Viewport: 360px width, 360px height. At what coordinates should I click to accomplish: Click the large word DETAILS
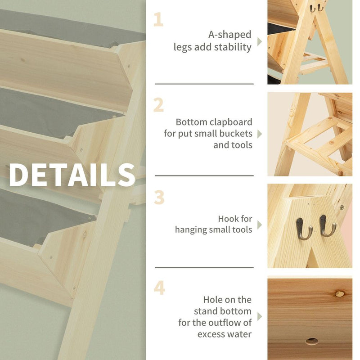click(x=72, y=175)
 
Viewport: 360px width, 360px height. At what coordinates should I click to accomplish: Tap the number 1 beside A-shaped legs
click(x=158, y=20)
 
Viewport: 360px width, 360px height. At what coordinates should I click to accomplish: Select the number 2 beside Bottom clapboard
click(x=158, y=105)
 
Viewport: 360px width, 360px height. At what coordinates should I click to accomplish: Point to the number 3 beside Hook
click(x=159, y=198)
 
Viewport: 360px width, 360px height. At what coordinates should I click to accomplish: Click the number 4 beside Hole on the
click(x=159, y=288)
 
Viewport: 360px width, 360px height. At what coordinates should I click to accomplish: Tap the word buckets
click(x=236, y=134)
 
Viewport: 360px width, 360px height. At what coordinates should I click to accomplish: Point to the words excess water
click(x=225, y=334)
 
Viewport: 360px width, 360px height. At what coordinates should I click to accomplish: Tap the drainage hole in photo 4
click(x=311, y=341)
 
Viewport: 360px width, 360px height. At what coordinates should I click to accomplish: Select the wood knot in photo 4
click(x=340, y=294)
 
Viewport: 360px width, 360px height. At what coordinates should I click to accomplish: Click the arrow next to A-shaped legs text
click(x=259, y=41)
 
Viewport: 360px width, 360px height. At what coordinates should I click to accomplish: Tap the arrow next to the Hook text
click(x=259, y=225)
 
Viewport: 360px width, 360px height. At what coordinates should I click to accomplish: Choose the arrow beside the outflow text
click(x=259, y=316)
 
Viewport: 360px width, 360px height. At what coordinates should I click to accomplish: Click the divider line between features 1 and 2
click(x=204, y=84)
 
